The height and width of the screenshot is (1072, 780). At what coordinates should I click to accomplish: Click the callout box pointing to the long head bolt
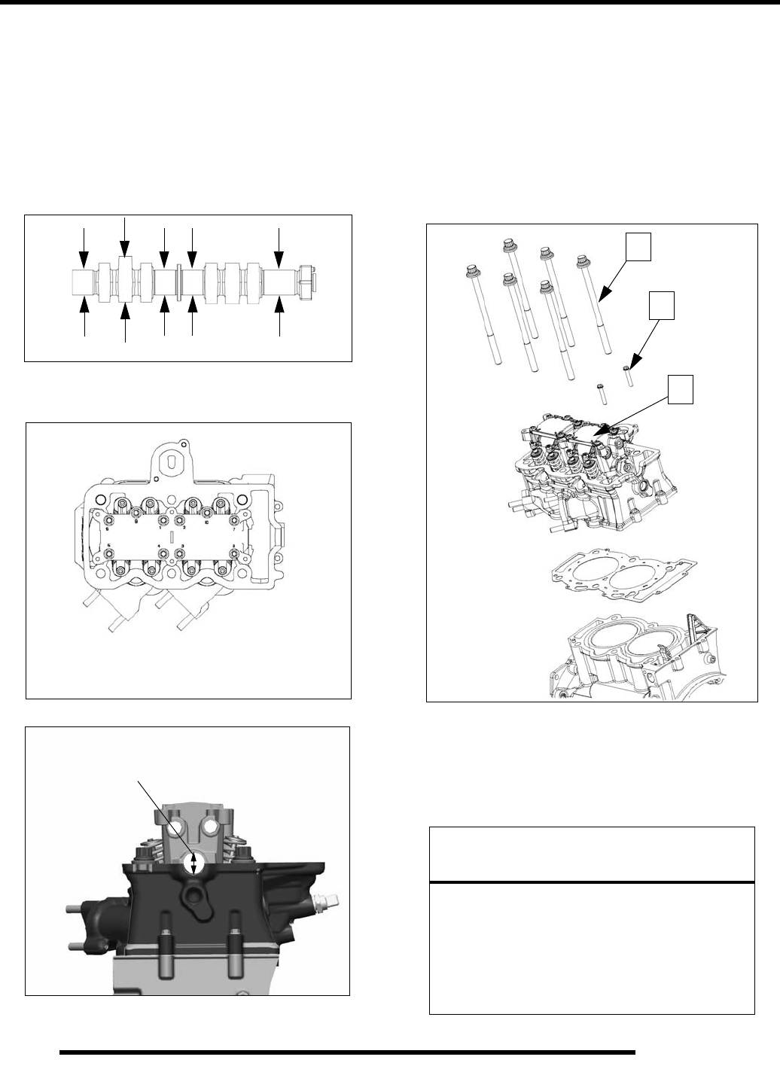coord(639,248)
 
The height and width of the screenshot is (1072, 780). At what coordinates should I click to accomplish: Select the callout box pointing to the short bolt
coord(661,306)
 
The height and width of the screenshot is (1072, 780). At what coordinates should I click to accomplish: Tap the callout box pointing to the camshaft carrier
coord(682,391)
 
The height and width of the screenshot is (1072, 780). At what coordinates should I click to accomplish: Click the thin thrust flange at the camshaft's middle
coord(179,278)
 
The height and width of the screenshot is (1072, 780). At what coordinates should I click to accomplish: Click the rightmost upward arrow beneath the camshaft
coord(279,317)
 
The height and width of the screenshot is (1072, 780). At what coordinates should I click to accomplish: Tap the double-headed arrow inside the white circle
coord(193,863)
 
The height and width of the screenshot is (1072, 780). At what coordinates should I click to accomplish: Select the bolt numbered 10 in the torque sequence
coord(206,513)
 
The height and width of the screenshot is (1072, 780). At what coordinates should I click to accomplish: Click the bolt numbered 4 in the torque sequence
coord(161,554)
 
